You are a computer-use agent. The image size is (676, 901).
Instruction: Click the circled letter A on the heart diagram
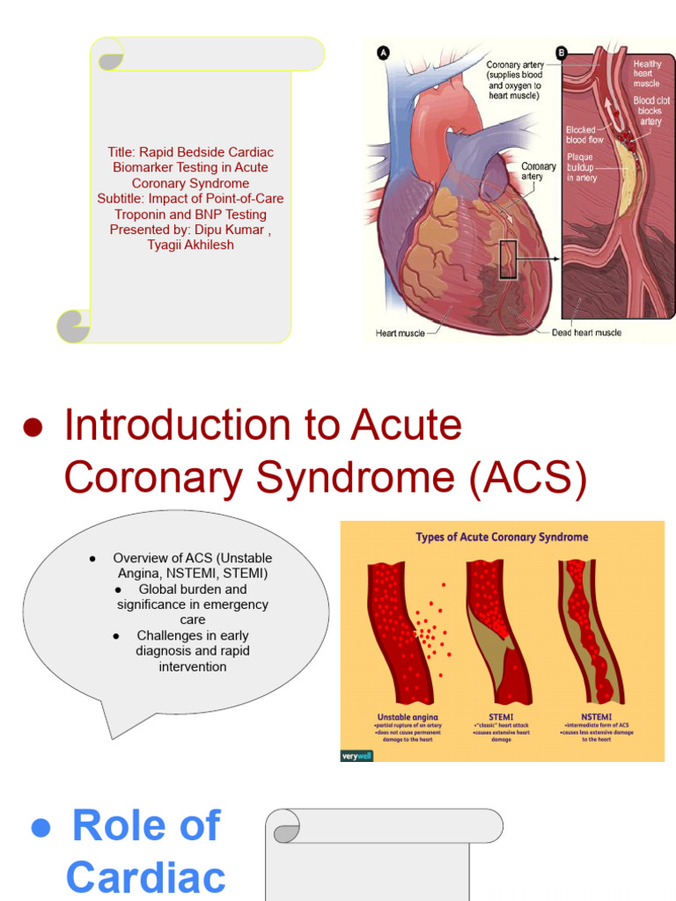[383, 53]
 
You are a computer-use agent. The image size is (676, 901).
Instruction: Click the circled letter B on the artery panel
[562, 53]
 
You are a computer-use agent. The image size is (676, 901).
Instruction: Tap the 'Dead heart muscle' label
[586, 333]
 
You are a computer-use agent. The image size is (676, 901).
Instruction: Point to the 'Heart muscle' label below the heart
[400, 333]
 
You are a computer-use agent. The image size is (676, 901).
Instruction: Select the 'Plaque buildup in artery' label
[582, 167]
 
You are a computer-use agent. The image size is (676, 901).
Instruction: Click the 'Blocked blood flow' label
[584, 135]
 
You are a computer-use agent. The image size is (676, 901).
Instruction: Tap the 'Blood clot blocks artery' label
[651, 111]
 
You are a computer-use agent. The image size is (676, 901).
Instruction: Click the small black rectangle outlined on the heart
[508, 260]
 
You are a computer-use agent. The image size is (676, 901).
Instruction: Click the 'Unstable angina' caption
[408, 717]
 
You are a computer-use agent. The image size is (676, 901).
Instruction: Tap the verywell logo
[356, 754]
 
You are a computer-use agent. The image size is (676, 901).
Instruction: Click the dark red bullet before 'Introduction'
[33, 428]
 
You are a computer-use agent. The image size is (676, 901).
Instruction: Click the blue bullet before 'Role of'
[40, 827]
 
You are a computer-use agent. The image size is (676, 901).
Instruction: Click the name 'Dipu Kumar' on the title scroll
[227, 230]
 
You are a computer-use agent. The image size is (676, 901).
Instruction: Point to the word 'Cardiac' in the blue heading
[145, 877]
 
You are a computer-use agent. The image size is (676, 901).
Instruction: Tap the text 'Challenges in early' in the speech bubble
[193, 635]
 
